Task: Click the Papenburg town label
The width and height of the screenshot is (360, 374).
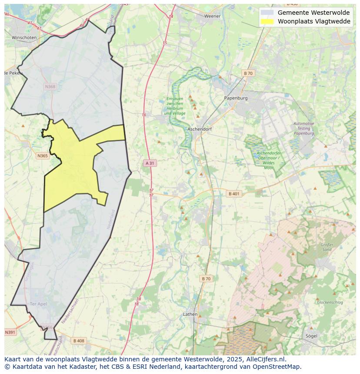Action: point(236,98)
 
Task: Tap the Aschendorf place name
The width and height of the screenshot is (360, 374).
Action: point(199,129)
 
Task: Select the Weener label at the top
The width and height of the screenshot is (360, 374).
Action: point(213,16)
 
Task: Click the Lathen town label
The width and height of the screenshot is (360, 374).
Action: point(190,314)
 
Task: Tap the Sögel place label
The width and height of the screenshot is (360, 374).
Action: point(311,336)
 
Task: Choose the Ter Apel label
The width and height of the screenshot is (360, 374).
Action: point(38,304)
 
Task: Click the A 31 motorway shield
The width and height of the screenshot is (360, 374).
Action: point(150,163)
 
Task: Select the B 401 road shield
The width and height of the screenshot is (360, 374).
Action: point(234,194)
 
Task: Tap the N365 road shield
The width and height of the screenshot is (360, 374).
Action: point(43,156)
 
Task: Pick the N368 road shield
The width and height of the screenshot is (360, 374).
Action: point(50,86)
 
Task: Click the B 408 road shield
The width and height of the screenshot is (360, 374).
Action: point(79,341)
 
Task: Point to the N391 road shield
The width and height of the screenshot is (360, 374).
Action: point(10,332)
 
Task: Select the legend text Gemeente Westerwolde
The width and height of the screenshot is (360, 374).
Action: point(313,13)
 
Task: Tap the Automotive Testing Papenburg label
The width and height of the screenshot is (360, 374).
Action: point(304,129)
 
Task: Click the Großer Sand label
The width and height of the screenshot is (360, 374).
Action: point(327,247)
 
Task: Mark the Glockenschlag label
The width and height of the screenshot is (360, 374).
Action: point(330,302)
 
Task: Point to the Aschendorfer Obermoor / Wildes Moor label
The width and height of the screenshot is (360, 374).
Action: point(269,160)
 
